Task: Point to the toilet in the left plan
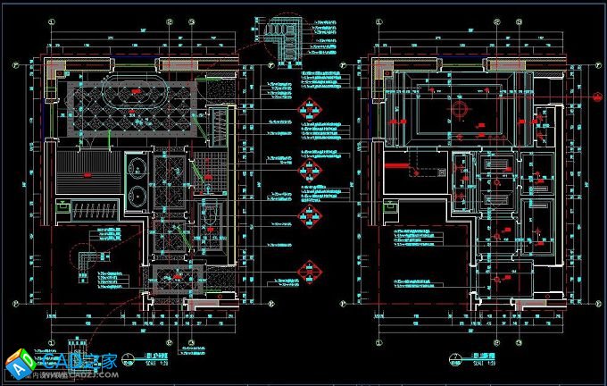pos(211,217)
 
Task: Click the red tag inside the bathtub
pos(135,91)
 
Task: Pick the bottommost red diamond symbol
pos(310,270)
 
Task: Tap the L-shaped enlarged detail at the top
pos(287,35)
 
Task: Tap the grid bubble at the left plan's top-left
pos(16,63)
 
